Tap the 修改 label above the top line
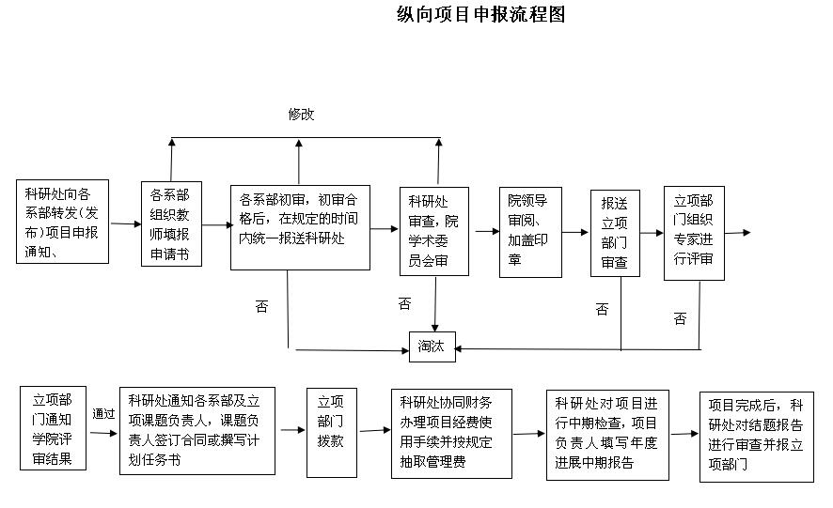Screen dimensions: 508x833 [301, 115]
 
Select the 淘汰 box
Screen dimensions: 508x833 [432, 346]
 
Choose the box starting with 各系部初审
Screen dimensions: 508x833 [301, 227]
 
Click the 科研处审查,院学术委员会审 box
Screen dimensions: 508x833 [433, 232]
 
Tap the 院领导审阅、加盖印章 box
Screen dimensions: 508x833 [528, 231]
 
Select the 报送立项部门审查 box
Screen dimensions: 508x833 [615, 233]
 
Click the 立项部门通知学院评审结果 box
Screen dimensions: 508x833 [53, 427]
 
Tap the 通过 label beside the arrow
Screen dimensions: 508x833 [103, 413]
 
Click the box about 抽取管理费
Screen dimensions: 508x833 [453, 431]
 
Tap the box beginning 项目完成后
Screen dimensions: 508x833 [756, 436]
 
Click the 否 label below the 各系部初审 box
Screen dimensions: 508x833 [261, 306]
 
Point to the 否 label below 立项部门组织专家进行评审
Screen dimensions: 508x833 [680, 319]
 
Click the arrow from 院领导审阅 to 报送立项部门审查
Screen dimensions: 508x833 [574, 232]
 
